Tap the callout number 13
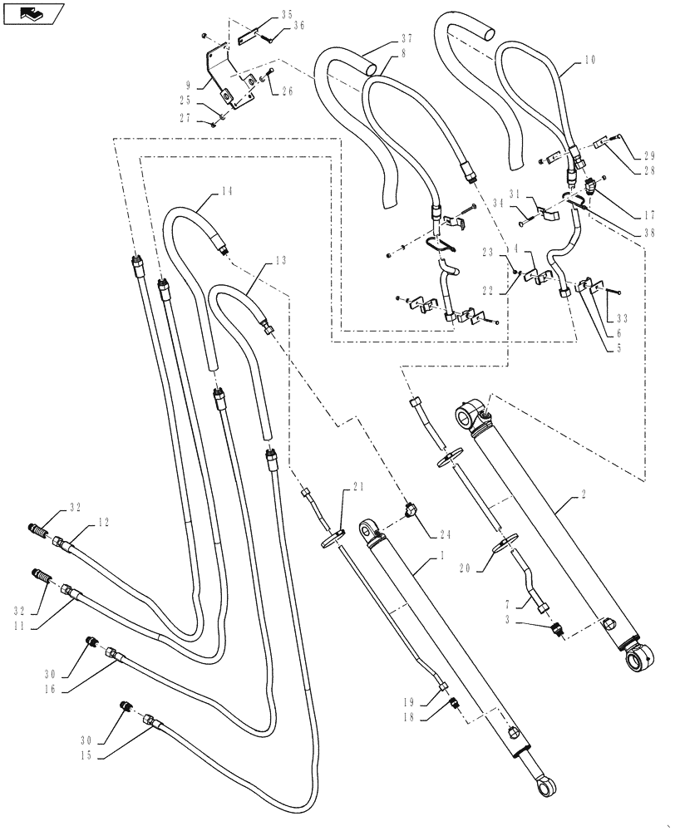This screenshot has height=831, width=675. pyautogui.click(x=280, y=260)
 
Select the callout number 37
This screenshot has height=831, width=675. pyautogui.click(x=406, y=39)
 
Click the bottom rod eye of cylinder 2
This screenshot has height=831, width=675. pyautogui.click(x=643, y=661)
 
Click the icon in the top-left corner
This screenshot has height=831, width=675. pyautogui.click(x=33, y=13)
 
